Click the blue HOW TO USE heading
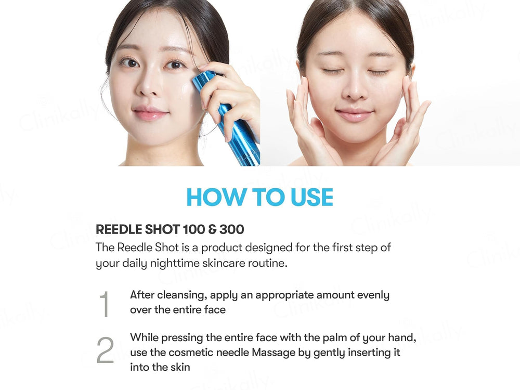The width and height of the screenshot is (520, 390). [x=259, y=197]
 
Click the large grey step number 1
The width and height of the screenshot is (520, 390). [x=105, y=304]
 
